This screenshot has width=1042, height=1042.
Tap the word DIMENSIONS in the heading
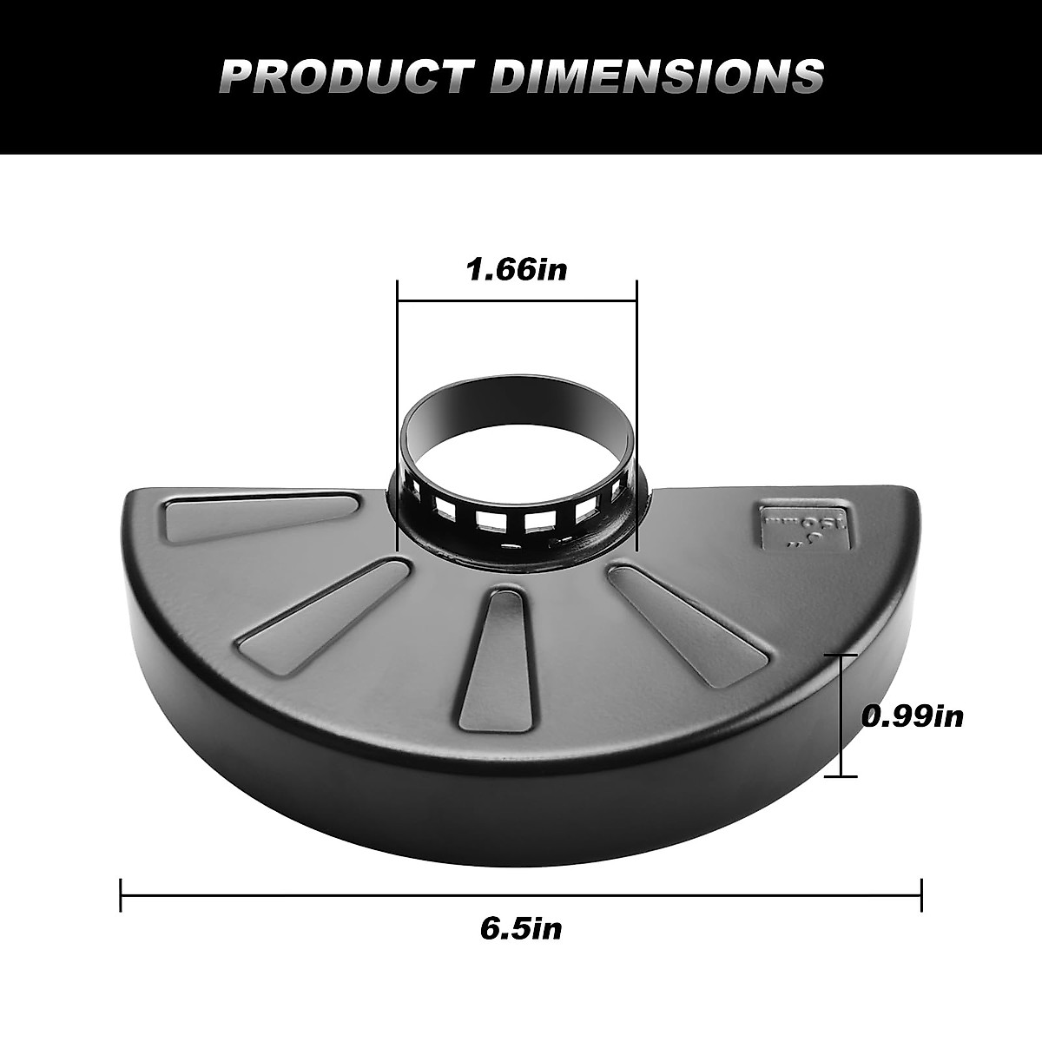pos(656,76)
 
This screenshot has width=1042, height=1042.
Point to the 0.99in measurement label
pos(913,716)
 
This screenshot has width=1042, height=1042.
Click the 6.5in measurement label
pos(521,928)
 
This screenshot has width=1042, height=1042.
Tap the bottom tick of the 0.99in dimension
pos(841,775)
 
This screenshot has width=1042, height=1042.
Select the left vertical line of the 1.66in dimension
pos(397,417)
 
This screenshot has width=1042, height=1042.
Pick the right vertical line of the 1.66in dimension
pos(636,417)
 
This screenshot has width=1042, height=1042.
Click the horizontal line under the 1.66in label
pos(517,300)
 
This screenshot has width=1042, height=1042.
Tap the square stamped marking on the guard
pos(802,524)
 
